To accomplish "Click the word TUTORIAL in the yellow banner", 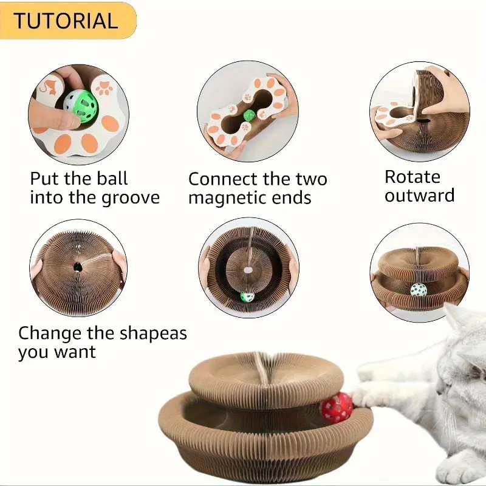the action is coord(66,21).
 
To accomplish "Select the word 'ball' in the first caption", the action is coord(112,178).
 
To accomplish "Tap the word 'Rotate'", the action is coord(412,177).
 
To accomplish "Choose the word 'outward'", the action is coord(419,196).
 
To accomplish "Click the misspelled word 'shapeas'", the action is coord(153,334).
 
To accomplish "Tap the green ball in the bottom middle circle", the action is coord(247,296).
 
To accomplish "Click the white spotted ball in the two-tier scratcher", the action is coord(419,291).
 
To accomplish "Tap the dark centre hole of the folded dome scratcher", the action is coord(77,267).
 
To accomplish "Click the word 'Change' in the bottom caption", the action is coord(49,334).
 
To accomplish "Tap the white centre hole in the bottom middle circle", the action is coord(248,270).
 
